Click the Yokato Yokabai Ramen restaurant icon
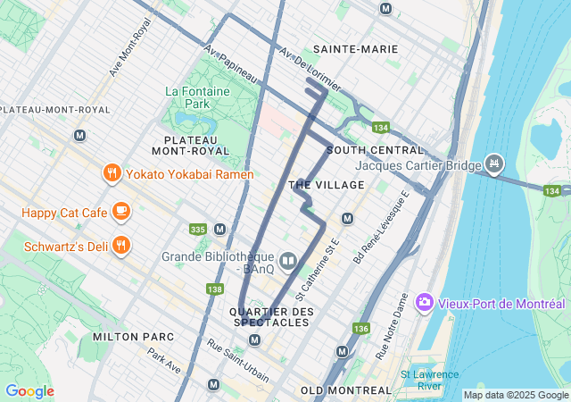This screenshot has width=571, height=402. pos(112,174)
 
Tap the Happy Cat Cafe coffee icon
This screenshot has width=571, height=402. pos(121,212)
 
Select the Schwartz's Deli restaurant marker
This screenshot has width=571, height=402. pos(121,245)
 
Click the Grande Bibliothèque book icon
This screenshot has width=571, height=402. pos(287,261)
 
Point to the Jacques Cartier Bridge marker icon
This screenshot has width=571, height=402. pos(493,164)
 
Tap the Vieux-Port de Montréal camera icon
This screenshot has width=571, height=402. pos(424,303)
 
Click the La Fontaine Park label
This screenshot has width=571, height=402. pos(198,97)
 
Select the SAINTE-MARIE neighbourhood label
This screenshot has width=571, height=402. pos(355,49)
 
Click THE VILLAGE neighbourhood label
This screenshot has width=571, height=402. pos(327,184)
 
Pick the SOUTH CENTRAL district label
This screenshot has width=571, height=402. pos(375,149)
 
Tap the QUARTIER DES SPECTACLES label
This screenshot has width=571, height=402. pos(272,316)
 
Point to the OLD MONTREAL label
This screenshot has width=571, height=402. pos(346,390)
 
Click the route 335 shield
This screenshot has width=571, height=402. pos(198,230)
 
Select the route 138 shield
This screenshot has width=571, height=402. pos(214,289)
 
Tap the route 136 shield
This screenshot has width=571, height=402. pos(360,329)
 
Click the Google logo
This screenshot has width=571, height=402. pos(29,391)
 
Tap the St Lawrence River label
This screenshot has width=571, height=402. pos(429,380)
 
